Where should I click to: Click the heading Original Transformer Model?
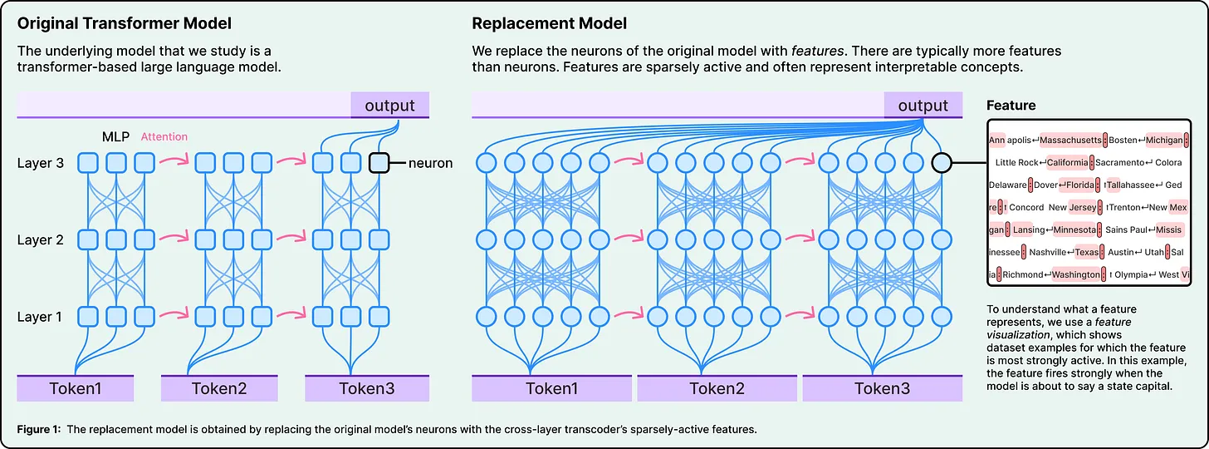(125, 22)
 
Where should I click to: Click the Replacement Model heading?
(549, 22)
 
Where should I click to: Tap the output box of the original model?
(389, 105)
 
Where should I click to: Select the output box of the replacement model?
(923, 105)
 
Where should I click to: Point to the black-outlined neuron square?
(379, 163)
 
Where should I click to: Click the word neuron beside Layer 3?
(430, 163)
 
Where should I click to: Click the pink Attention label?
(164, 136)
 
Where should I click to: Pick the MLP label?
(115, 136)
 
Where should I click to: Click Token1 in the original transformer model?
(76, 388)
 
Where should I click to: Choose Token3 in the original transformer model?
(366, 388)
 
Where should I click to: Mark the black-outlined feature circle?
(942, 163)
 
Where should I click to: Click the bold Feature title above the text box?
(1011, 106)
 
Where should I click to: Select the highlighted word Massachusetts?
(1070, 141)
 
